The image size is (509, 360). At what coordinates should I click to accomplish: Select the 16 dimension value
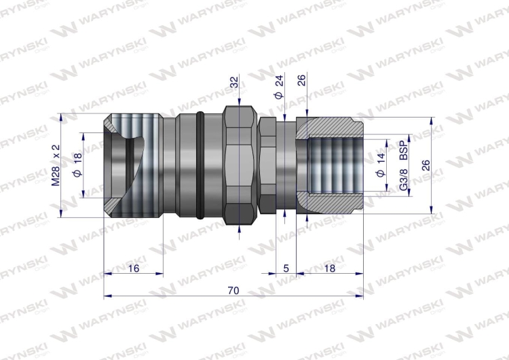point(133,268)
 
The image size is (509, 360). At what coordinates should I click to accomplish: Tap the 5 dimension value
point(286,268)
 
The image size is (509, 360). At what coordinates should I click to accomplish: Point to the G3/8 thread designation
point(403,179)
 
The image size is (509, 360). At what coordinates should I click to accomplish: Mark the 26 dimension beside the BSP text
point(425,166)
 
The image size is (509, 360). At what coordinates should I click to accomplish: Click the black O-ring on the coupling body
point(199,167)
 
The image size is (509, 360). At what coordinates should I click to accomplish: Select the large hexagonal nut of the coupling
point(240,167)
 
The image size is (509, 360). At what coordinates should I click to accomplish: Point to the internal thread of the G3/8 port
point(333,167)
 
